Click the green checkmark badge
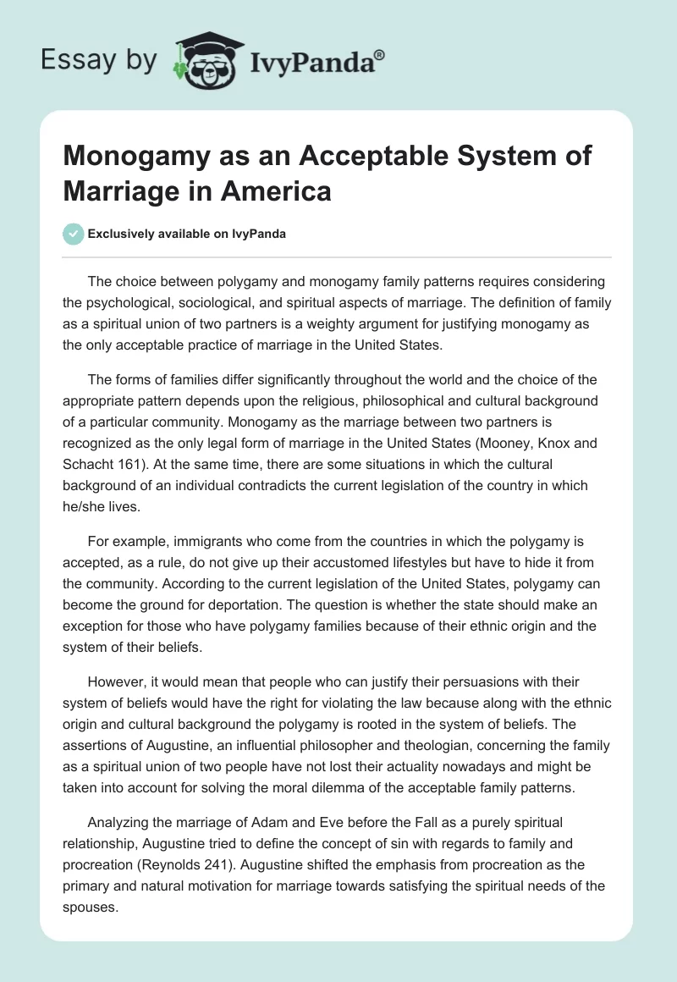tap(74, 234)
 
